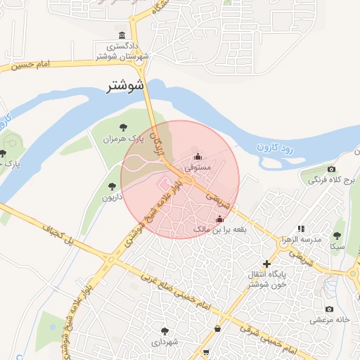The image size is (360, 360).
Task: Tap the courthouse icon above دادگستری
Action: pyautogui.click(x=123, y=36)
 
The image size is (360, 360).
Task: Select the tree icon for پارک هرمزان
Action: pyautogui.click(x=124, y=128)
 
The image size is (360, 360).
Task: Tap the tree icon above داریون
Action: pyautogui.click(x=112, y=186)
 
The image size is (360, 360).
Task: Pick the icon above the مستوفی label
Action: pyautogui.click(x=198, y=157)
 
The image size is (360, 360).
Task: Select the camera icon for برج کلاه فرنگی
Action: pyautogui.click(x=331, y=169)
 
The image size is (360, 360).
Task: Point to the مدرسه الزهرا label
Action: pyautogui.click(x=300, y=240)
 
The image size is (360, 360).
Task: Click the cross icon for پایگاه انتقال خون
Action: pyautogui.click(x=266, y=263)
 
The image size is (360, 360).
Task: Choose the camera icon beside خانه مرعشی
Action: pyautogui.click(x=328, y=309)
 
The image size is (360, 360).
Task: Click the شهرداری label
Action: pyautogui.click(x=165, y=342)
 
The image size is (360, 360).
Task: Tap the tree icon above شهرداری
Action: pyautogui.click(x=165, y=330)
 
